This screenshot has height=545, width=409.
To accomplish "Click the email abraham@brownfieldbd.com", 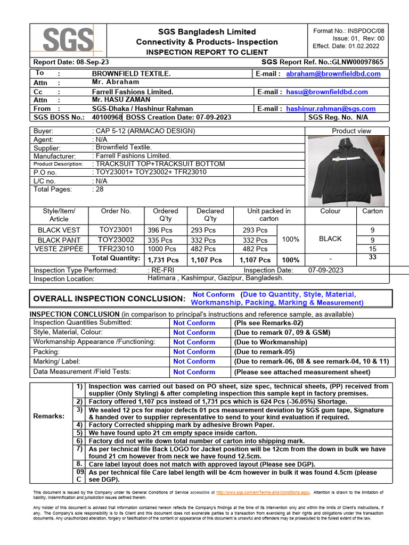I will coord(333,74).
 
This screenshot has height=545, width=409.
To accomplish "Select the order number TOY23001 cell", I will coord(116,230).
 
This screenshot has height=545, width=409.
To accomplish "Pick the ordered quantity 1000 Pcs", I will coord(161,249).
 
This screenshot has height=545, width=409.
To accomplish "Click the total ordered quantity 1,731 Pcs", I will coord(163,260).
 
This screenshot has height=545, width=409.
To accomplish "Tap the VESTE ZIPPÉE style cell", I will coord(59,249).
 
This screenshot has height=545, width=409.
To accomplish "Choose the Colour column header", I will coord(330,211).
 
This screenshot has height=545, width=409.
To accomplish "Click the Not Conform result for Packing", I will coord(194,352).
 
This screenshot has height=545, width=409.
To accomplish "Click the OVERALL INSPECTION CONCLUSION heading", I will coord(109,299).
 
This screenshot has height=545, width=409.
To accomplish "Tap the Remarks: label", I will coord(50,416).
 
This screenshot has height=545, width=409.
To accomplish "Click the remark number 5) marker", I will coord(79,433).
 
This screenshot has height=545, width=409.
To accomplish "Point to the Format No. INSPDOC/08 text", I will coord(355,31).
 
